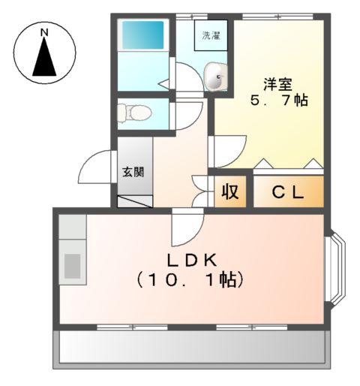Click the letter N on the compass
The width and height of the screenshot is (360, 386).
point(44,33)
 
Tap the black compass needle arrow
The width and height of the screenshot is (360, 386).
point(44,59)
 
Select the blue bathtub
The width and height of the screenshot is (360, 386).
point(142,35)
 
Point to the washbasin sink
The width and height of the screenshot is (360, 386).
point(216,77)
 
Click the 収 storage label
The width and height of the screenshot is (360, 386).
point(230,191)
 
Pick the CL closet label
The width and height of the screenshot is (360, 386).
point(288,192)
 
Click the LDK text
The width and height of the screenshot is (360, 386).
point(191,260)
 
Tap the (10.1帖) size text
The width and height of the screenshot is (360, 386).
point(190,280)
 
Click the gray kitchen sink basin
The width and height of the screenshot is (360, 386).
point(73,264)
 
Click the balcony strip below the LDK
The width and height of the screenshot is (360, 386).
point(191,347)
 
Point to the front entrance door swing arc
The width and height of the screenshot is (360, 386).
point(96,167)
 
